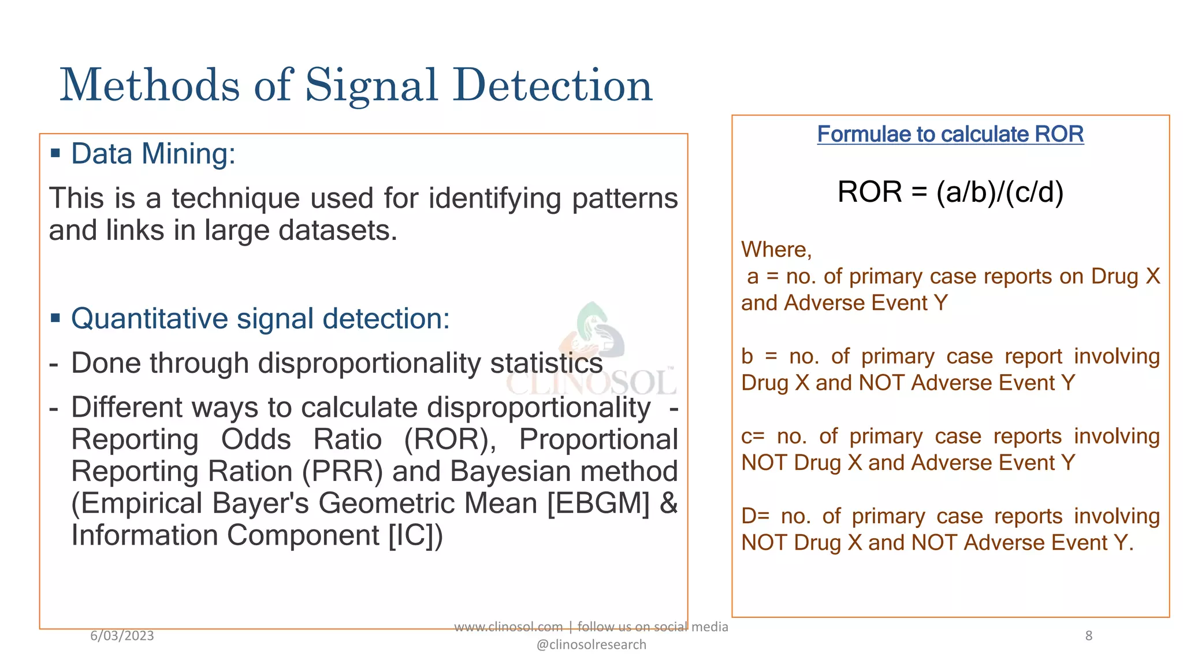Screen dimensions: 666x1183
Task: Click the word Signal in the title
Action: [371, 86]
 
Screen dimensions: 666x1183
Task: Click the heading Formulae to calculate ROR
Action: [950, 134]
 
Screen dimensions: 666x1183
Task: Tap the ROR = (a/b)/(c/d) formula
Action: [950, 192]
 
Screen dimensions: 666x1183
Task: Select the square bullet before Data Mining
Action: [55, 154]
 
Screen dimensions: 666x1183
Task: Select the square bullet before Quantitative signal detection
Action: [55, 319]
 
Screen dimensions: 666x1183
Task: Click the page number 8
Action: [1088, 636]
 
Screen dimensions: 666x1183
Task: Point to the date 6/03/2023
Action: [122, 636]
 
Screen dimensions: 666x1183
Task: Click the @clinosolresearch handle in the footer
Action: [591, 645]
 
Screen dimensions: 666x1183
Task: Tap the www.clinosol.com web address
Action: [508, 627]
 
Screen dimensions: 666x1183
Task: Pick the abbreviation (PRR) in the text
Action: [343, 471]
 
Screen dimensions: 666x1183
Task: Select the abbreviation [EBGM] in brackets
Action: [598, 503]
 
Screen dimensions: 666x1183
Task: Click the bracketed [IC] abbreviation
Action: [411, 535]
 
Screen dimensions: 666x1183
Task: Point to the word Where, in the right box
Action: [776, 250]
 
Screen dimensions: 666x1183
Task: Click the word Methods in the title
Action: [150, 86]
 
